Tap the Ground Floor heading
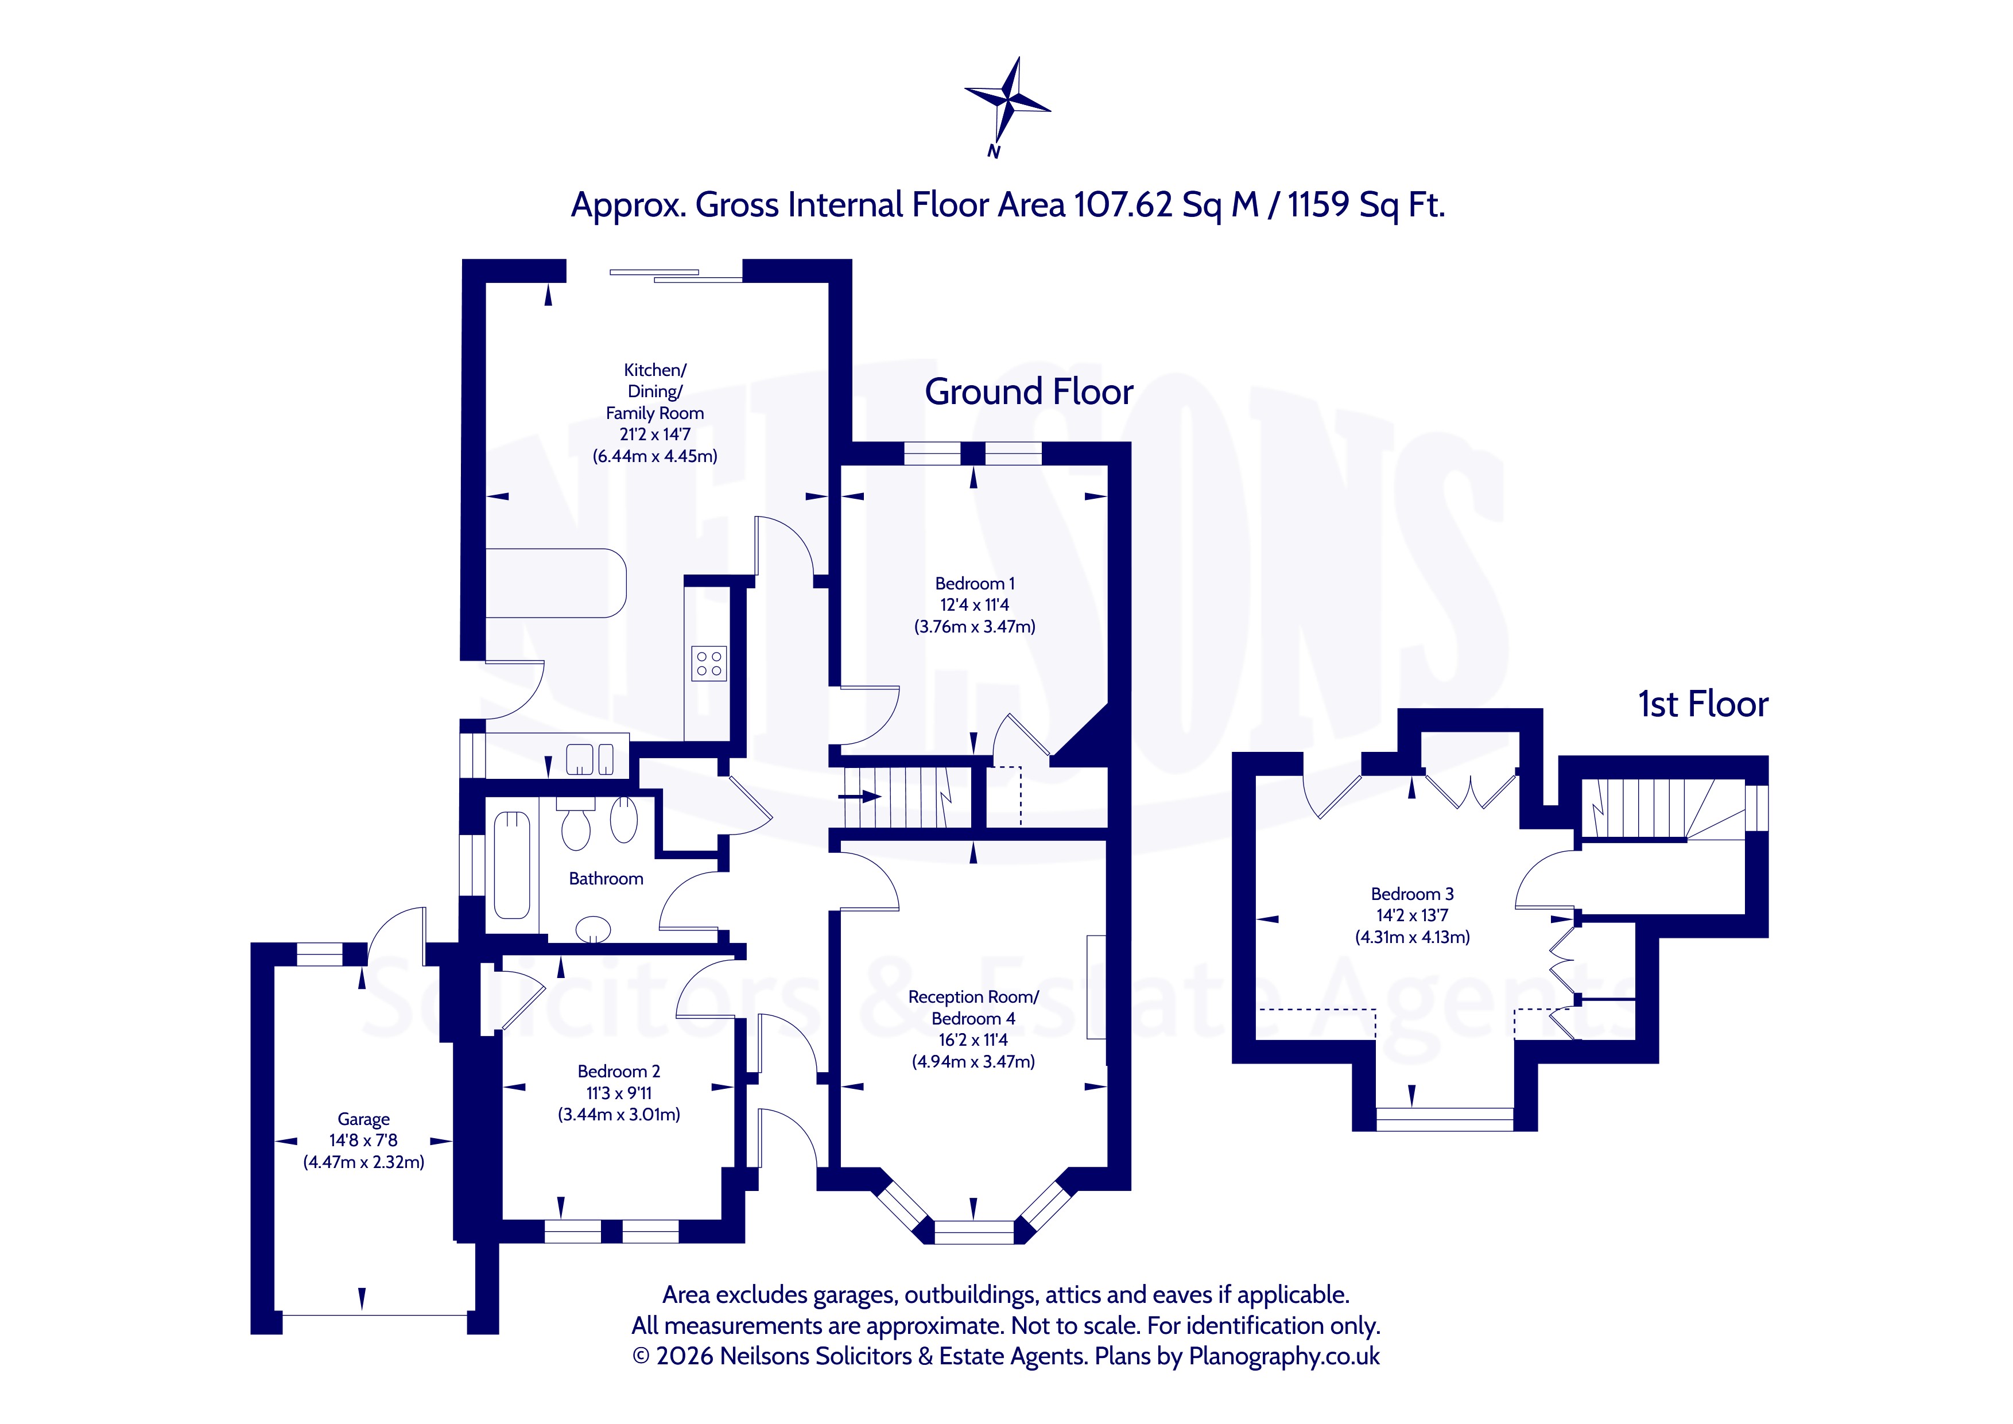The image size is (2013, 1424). (1029, 392)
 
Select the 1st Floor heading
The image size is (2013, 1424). (1702, 704)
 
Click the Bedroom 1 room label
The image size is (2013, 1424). (975, 583)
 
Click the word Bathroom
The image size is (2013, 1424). (606, 879)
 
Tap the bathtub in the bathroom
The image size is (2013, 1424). (512, 866)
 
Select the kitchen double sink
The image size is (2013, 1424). (591, 759)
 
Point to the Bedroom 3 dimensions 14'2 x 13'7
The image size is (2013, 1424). (1411, 915)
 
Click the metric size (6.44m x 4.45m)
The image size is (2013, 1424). (655, 456)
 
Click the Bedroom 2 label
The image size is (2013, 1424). (619, 1072)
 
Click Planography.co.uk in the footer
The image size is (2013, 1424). (1285, 1356)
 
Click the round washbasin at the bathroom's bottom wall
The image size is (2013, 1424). (593, 929)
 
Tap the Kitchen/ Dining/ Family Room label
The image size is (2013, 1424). (655, 391)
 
